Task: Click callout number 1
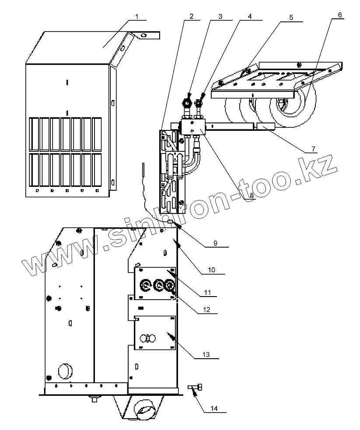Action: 136,17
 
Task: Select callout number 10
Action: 211,270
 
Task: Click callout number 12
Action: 207,309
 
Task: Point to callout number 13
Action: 207,355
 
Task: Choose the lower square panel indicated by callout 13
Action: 155,333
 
